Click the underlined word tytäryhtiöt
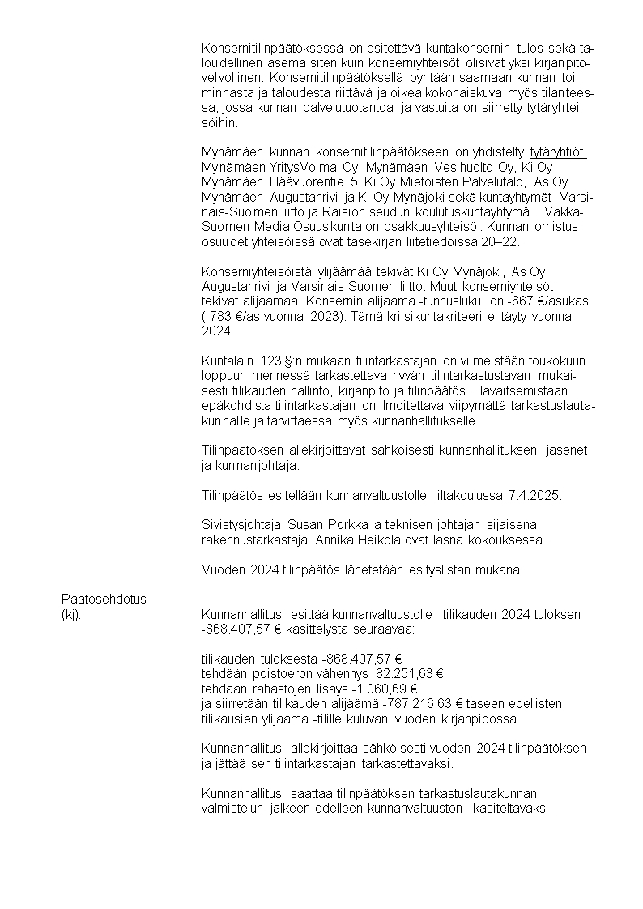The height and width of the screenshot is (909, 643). point(557,152)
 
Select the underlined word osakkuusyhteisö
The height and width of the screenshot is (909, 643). point(432,227)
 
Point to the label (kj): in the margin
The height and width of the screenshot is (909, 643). point(71,615)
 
